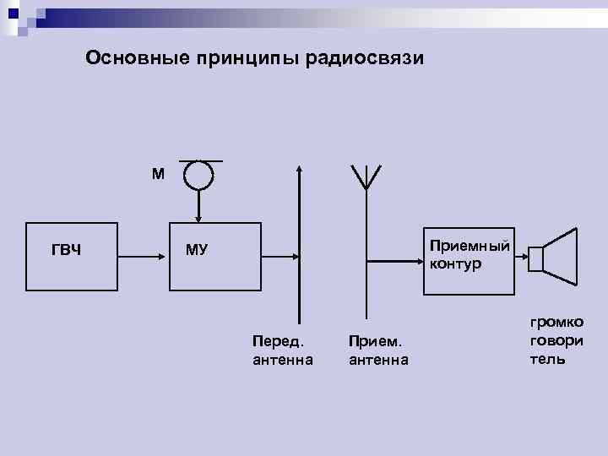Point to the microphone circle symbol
[x=199, y=176]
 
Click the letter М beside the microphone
[x=159, y=175]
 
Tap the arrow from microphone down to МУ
[x=199, y=206]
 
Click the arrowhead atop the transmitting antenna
[x=298, y=169]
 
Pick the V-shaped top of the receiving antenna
[x=366, y=176]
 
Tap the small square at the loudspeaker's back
[x=535, y=259]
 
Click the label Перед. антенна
[x=282, y=350]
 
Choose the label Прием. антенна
[x=377, y=350]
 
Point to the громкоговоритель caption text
[x=556, y=340]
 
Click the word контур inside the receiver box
[x=455, y=263]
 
